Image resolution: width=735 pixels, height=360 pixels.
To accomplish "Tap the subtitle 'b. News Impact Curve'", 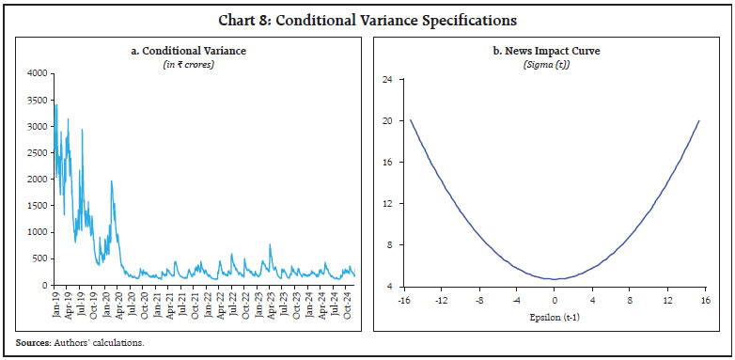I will [x=552, y=49].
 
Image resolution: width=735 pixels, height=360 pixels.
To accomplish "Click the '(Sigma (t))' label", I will [x=552, y=61].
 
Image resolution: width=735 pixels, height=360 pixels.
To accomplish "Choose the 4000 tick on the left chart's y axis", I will [x=36, y=73].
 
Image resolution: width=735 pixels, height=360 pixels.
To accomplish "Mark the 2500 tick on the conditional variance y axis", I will [x=36, y=152].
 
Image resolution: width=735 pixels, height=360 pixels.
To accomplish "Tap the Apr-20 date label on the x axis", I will [x=118, y=304].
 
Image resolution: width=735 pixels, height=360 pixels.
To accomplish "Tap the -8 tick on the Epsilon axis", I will [x=479, y=300].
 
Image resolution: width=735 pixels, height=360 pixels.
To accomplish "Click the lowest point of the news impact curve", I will [x=556, y=279].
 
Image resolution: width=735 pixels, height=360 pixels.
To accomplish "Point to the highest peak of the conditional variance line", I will [x=56, y=104].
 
